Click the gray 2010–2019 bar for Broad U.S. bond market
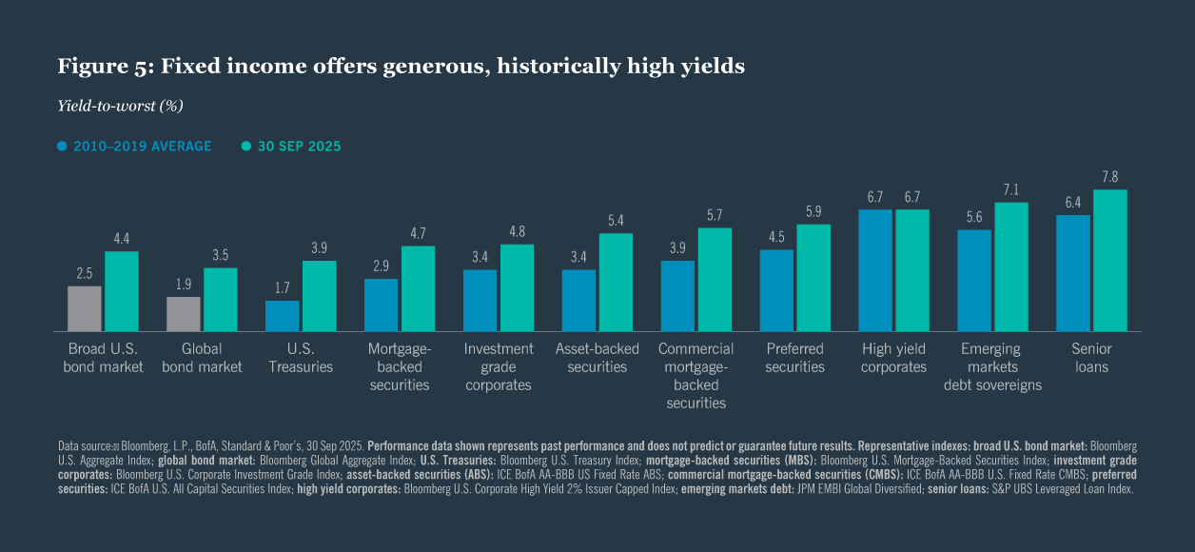click(x=85, y=308)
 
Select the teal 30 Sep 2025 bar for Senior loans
click(x=1110, y=260)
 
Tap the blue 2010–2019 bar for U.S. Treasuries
click(x=283, y=316)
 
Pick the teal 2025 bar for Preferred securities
click(x=813, y=278)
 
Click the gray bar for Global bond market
click(x=184, y=314)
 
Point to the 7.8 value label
click(x=1110, y=177)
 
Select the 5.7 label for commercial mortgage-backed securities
click(x=715, y=215)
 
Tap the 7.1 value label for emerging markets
click(x=1011, y=189)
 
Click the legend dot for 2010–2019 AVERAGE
click(x=63, y=147)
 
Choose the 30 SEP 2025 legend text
click(x=297, y=147)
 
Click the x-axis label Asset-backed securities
click(x=597, y=358)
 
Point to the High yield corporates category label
click(x=893, y=358)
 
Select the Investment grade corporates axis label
click(x=499, y=366)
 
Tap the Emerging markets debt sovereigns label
click(x=992, y=366)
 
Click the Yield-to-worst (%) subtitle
click(x=120, y=106)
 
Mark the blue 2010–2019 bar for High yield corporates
click(x=875, y=270)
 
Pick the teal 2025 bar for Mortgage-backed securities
click(x=418, y=288)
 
